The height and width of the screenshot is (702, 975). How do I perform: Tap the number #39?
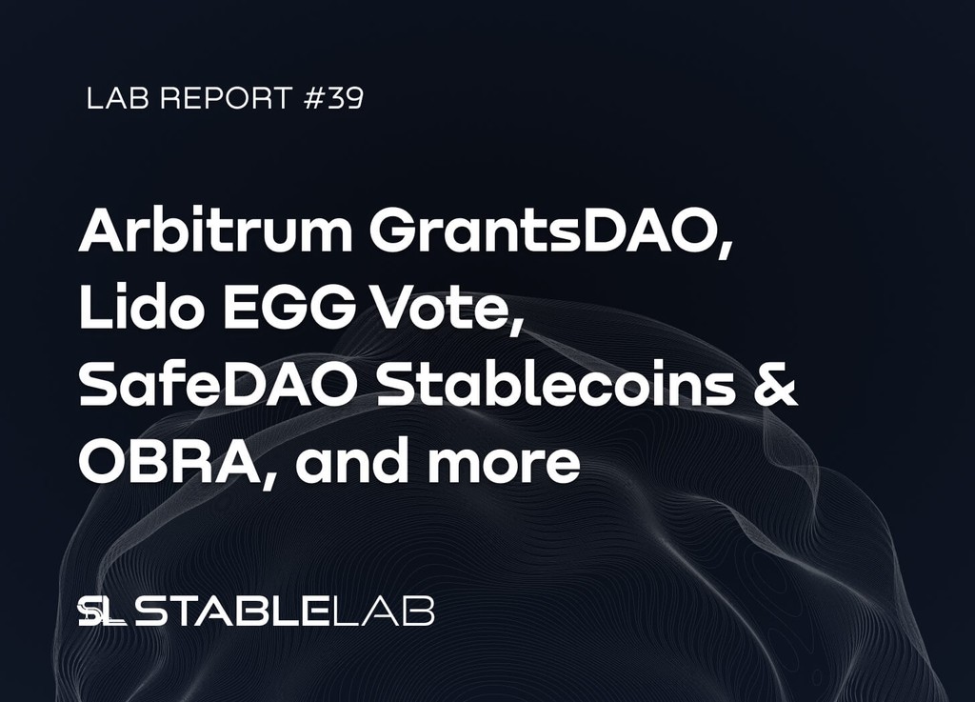pos(333,99)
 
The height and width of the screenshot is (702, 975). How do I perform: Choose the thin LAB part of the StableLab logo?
pos(387,612)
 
